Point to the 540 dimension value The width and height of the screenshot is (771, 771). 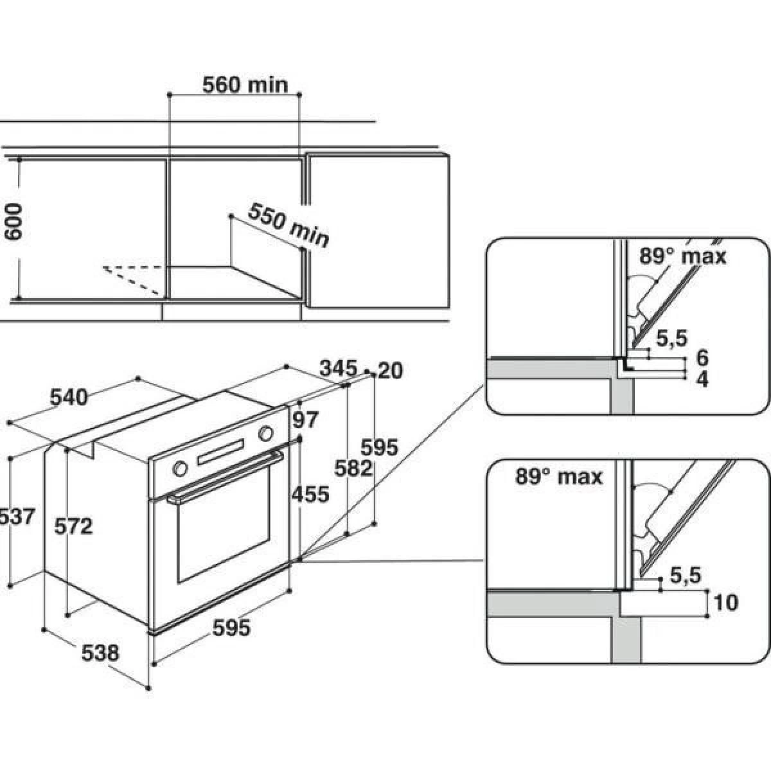coord(69,397)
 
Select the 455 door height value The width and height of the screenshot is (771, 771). coord(310,494)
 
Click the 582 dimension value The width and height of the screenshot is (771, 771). coord(353,468)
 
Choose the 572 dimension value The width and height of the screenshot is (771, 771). coord(75,526)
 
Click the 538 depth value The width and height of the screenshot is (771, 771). coord(101,653)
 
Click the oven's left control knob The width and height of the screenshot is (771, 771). coord(180,468)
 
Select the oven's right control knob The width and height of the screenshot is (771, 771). coord(265,434)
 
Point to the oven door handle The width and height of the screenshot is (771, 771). coord(225,477)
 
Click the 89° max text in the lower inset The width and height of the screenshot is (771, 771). coord(559,476)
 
